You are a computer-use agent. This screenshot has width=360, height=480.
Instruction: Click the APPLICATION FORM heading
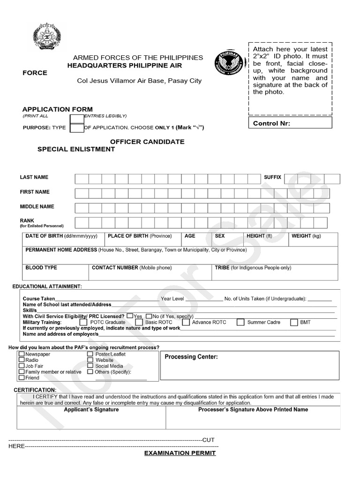(58, 109)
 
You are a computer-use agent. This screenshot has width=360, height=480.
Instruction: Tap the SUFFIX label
(272, 177)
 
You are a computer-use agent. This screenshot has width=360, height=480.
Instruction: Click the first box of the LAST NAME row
(82, 179)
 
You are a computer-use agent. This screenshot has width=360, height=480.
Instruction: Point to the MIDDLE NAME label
(37, 206)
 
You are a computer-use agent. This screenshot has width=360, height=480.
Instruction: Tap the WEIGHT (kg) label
(306, 236)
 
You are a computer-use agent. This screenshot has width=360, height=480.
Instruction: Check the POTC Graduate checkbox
(83, 322)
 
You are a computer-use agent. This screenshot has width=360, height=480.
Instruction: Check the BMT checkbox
(294, 322)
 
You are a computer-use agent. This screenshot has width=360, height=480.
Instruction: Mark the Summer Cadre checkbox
(240, 322)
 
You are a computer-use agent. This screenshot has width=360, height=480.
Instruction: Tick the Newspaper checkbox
(22, 354)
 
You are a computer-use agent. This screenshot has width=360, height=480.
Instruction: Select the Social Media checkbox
(90, 366)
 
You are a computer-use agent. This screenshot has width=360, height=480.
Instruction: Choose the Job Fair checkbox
(22, 366)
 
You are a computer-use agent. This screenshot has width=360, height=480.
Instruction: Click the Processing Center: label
(191, 357)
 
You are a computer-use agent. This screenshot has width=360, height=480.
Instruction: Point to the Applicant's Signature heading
(91, 409)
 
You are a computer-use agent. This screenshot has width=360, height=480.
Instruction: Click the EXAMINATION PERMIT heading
(180, 453)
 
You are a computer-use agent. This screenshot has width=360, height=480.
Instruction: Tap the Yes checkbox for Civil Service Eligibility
(130, 316)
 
